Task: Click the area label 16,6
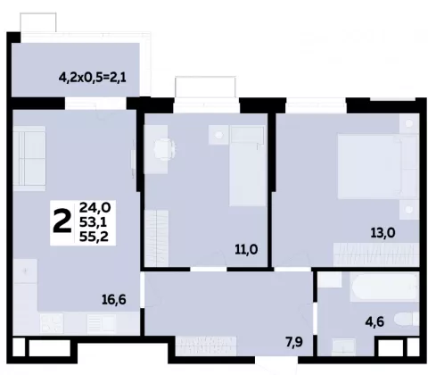point(114,299)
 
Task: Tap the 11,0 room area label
point(246,249)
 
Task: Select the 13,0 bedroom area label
point(383,233)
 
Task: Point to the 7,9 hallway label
point(294,342)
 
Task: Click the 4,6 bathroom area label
point(374,321)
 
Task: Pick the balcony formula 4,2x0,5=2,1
point(93,78)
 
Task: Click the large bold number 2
point(62,221)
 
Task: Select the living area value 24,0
point(95,207)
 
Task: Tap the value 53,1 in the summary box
point(93,222)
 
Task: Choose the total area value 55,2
point(94,237)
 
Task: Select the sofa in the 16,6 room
point(29,158)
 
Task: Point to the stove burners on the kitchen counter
point(52,323)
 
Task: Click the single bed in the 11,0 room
point(248,165)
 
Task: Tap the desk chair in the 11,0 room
point(163,149)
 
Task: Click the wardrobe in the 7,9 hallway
point(206,346)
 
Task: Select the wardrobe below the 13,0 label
point(376,254)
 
